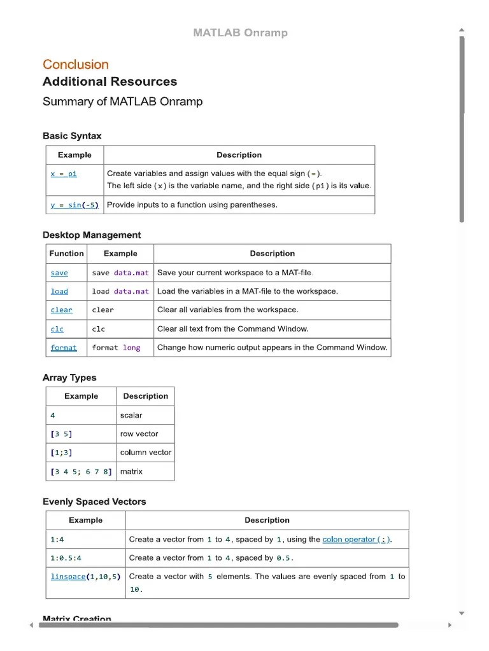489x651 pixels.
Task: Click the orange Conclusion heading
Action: pyautogui.click(x=75, y=64)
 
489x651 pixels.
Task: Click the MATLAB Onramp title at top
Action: pyautogui.click(x=240, y=32)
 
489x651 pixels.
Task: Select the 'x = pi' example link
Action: pyautogui.click(x=64, y=174)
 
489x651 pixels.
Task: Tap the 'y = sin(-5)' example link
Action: pyautogui.click(x=74, y=205)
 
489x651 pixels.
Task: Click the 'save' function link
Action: pyautogui.click(x=59, y=273)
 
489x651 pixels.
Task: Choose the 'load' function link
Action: pyautogui.click(x=59, y=291)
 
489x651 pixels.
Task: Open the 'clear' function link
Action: pyautogui.click(x=61, y=310)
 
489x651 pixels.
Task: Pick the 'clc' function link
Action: pyautogui.click(x=57, y=329)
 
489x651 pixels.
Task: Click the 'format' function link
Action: pyautogui.click(x=64, y=348)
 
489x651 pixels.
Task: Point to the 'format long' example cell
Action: pyautogui.click(x=116, y=348)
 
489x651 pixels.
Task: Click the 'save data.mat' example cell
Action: pyautogui.click(x=120, y=273)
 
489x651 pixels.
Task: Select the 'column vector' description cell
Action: pyautogui.click(x=145, y=453)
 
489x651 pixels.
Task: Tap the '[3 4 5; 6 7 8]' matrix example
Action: pyautogui.click(x=81, y=472)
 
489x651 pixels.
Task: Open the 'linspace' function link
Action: pyautogui.click(x=67, y=577)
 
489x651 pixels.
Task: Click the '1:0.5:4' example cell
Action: pyautogui.click(x=66, y=558)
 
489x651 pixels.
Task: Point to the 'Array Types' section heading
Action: pyautogui.click(x=69, y=378)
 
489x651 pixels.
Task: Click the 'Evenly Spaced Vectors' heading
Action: pyautogui.click(x=94, y=502)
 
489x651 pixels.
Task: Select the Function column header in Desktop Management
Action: pyautogui.click(x=66, y=253)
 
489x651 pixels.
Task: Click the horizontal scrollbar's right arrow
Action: pyautogui.click(x=450, y=626)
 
